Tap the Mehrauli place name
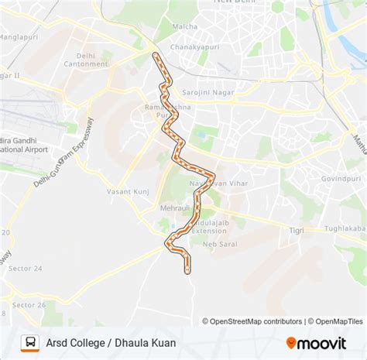click(x=175, y=208)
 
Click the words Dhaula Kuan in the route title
click(x=148, y=341)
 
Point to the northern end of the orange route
click(x=156, y=55)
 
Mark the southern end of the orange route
click(x=187, y=270)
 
